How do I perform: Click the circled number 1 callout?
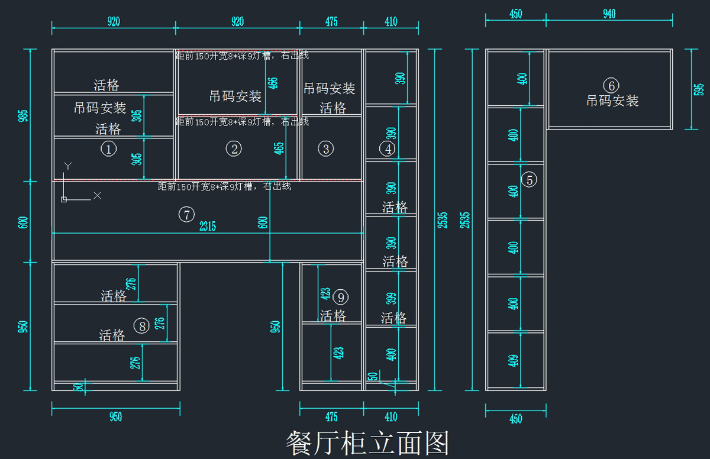pos(108,149)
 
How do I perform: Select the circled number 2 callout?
pos(234,149)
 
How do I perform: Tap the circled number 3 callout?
pos(326,149)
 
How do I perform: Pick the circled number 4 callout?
pos(388,149)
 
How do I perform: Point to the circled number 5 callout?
pos(530,179)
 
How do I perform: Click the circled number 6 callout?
pos(612,85)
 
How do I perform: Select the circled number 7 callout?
pos(186,215)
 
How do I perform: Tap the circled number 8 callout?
pos(141,325)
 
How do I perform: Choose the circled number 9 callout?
pos(341,297)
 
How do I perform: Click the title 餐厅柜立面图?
pos(367,443)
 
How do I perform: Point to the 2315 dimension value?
pos(207,226)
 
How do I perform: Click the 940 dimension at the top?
pos(609,14)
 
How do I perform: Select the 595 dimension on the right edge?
pos(699,89)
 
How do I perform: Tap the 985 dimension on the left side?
pos(23,115)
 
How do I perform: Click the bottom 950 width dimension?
pos(115,417)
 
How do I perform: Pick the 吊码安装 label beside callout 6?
pos(612,101)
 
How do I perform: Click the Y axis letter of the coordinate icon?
pos(68,166)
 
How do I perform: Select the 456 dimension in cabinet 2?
pos(272,83)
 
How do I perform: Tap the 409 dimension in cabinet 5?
pos(513,359)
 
